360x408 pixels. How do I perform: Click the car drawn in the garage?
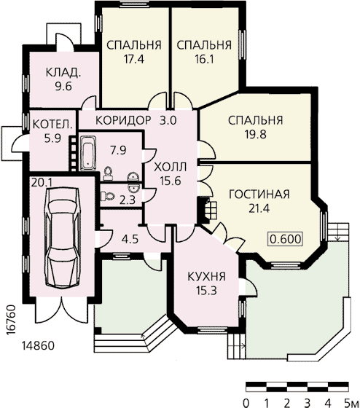pyautogui.click(x=63, y=238)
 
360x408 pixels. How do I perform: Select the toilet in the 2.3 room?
pyautogui.click(x=108, y=196)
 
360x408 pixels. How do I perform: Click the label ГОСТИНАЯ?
pyautogui.click(x=259, y=195)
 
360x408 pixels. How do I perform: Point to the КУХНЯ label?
pyautogui.click(x=207, y=277)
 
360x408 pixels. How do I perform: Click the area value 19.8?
pyautogui.click(x=255, y=135)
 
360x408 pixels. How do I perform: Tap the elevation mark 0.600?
pyautogui.click(x=286, y=239)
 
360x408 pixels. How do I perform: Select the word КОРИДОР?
pyautogui.click(x=123, y=120)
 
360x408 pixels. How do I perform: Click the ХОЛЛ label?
pyautogui.click(x=171, y=167)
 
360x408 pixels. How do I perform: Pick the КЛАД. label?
pyautogui.click(x=63, y=72)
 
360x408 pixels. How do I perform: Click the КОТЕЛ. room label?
pyautogui.click(x=52, y=124)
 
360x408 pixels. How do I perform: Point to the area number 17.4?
pyautogui.click(x=134, y=59)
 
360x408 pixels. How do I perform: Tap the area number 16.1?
pyautogui.click(x=204, y=59)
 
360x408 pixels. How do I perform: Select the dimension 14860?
pyautogui.click(x=38, y=346)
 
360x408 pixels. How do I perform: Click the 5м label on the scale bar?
pyautogui.click(x=351, y=403)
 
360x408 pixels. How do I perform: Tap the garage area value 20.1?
pyautogui.click(x=42, y=182)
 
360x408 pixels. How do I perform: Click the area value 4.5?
pyautogui.click(x=130, y=239)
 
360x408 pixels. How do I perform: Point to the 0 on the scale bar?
pyautogui.click(x=246, y=403)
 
